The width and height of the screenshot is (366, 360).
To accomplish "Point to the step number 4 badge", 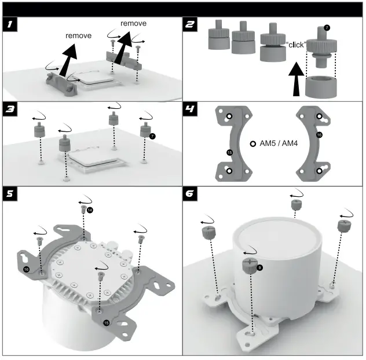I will (x=191, y=108).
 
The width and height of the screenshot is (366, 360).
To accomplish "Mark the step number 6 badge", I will (x=191, y=193).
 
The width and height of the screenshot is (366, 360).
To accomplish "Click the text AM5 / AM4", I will (x=277, y=144).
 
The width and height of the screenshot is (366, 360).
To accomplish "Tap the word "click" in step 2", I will (x=296, y=45).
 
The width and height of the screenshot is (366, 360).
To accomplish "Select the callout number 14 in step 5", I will (x=90, y=208).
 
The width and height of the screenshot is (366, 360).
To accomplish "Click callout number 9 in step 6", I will (x=259, y=267).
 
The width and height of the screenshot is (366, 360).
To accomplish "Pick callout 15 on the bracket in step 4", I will (x=229, y=152).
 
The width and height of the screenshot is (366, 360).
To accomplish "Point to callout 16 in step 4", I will (x=319, y=135).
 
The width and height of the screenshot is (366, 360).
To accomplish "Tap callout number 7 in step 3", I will (x=152, y=136).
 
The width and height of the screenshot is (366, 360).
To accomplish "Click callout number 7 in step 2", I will (x=327, y=27).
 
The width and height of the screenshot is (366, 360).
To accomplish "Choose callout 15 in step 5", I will (x=105, y=322).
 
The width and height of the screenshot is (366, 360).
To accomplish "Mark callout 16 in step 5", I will (x=26, y=269).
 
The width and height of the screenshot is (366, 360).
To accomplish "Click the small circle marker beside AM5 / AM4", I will (x=252, y=144).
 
